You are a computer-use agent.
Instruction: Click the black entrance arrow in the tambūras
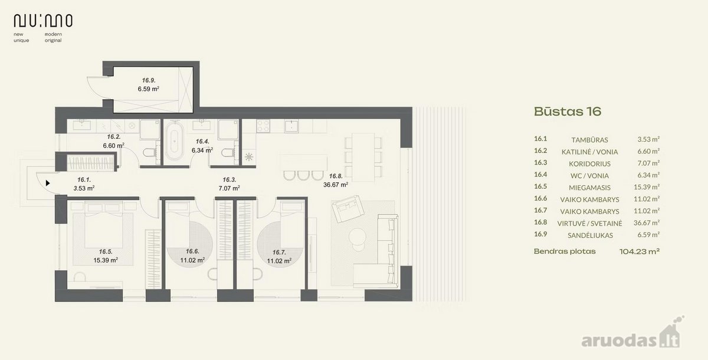click(48, 183)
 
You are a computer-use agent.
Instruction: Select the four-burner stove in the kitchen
click(263, 126)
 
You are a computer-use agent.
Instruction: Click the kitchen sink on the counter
click(291, 126)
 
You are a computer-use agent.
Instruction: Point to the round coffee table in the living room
click(358, 235)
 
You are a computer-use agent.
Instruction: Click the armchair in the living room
click(348, 208)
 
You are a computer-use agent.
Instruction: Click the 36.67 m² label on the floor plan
click(336, 185)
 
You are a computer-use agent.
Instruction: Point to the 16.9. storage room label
click(149, 80)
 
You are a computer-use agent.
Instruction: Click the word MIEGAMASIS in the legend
click(589, 188)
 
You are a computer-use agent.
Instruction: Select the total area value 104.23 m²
click(640, 251)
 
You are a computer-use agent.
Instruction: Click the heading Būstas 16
click(568, 112)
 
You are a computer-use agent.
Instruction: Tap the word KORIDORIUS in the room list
click(589, 163)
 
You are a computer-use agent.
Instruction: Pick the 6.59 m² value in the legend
click(648, 234)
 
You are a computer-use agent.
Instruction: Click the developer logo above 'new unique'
click(43, 21)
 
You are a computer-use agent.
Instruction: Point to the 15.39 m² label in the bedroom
click(106, 260)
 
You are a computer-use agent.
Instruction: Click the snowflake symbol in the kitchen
click(249, 156)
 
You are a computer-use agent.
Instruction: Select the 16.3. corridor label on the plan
click(229, 180)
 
